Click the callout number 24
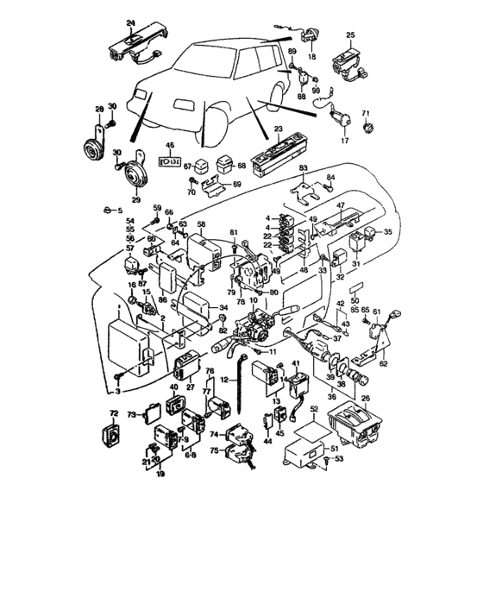click(x=131, y=22)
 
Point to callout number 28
click(x=99, y=110)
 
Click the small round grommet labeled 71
click(x=368, y=129)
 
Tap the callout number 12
click(x=222, y=380)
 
